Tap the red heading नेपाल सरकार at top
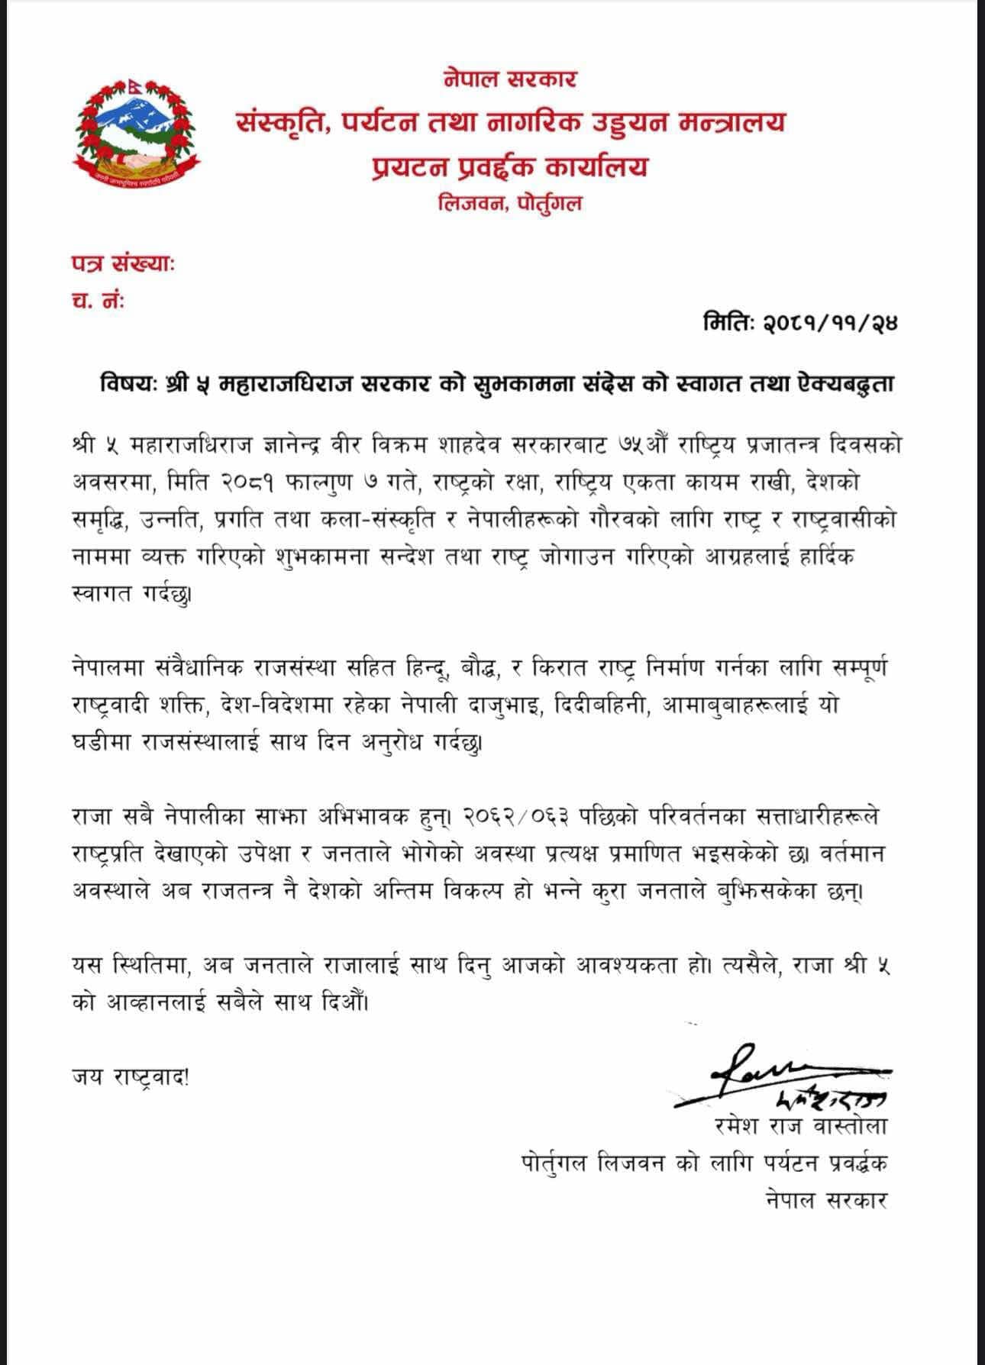pos(509,79)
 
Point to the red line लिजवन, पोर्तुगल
pos(509,204)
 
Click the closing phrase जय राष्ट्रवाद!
pos(130,1077)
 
